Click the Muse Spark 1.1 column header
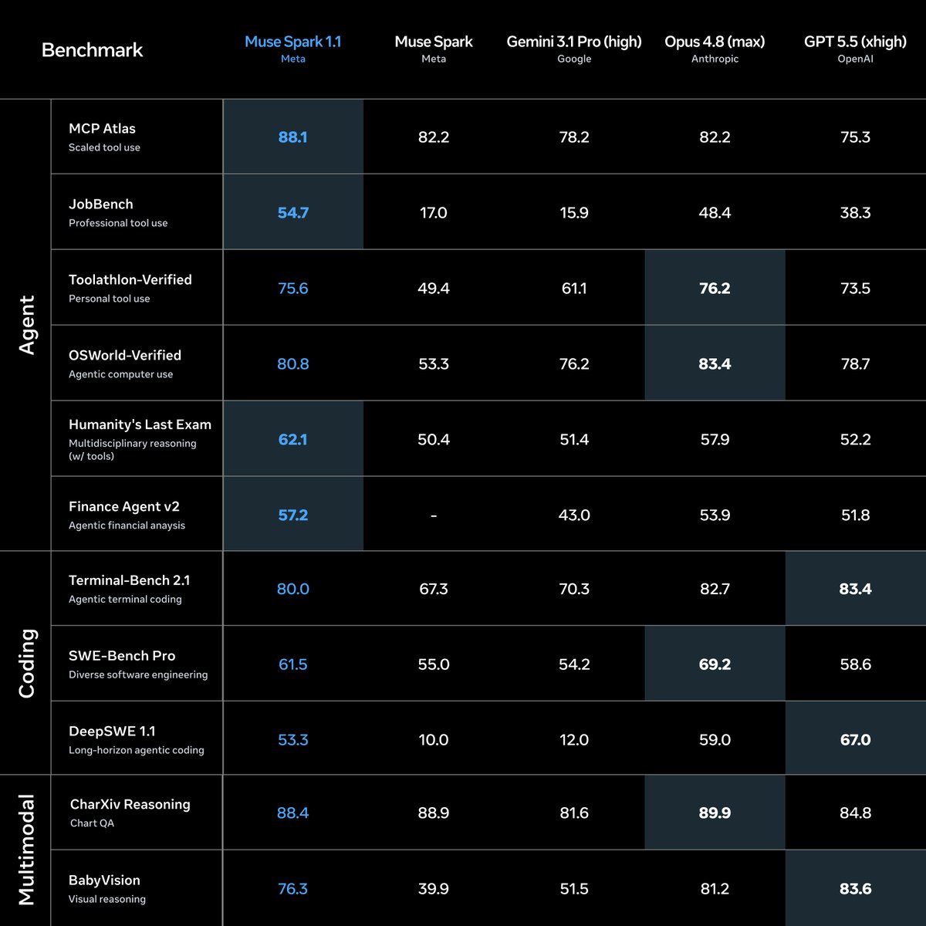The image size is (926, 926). [292, 42]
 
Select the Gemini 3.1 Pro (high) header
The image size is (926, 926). [574, 42]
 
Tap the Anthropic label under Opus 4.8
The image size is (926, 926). [715, 59]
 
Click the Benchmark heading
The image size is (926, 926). [93, 50]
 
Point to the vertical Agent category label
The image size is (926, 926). [27, 325]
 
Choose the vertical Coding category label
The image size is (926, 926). [27, 663]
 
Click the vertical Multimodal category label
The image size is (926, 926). [27, 850]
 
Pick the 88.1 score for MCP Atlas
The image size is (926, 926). [292, 137]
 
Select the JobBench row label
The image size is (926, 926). [101, 204]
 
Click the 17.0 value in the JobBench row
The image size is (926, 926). [433, 212]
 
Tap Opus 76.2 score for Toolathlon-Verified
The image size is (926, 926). [715, 289]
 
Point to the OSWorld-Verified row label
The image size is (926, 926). [125, 355]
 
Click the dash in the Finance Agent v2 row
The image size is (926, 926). [434, 515]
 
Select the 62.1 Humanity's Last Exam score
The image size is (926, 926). [292, 439]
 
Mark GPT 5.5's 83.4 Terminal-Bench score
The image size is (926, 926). [855, 589]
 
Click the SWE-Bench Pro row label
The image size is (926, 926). [122, 655]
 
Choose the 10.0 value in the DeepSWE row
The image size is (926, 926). [433, 739]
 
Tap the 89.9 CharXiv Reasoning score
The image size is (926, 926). [715, 813]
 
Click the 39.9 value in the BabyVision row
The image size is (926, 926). [433, 888]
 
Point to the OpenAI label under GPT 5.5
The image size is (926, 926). [855, 59]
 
